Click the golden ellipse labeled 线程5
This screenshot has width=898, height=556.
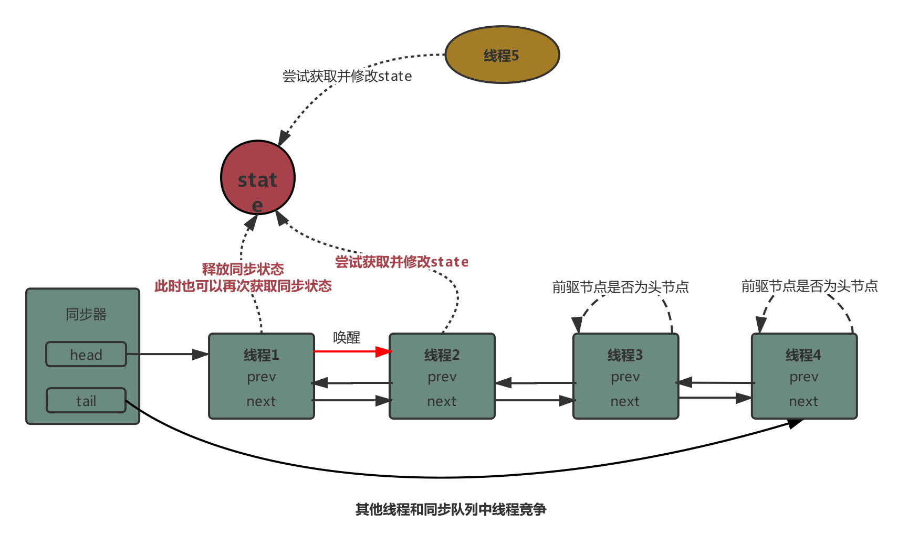[502, 55]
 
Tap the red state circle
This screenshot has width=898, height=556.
[257, 177]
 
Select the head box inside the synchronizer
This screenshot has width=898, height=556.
[86, 355]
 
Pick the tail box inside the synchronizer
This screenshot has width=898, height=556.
[86, 401]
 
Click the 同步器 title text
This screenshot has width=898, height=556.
[86, 314]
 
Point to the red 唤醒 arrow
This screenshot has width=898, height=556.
[352, 351]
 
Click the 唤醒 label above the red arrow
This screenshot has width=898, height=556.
[347, 337]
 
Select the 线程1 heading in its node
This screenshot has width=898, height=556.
[261, 355]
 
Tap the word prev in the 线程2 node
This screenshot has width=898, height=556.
[442, 377]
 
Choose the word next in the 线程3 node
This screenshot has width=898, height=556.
[625, 401]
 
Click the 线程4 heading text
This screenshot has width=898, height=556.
[803, 355]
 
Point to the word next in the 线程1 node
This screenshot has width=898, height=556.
[261, 401]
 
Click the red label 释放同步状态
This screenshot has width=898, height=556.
[243, 269]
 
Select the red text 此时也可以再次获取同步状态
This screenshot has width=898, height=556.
[243, 286]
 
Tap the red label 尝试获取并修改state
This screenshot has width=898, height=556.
[401, 262]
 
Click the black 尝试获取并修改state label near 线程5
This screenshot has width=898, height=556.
[347, 76]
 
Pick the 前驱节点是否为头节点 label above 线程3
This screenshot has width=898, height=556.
[620, 287]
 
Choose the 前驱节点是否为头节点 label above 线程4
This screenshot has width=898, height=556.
[809, 286]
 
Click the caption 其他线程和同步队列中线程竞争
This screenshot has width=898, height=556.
[451, 509]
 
